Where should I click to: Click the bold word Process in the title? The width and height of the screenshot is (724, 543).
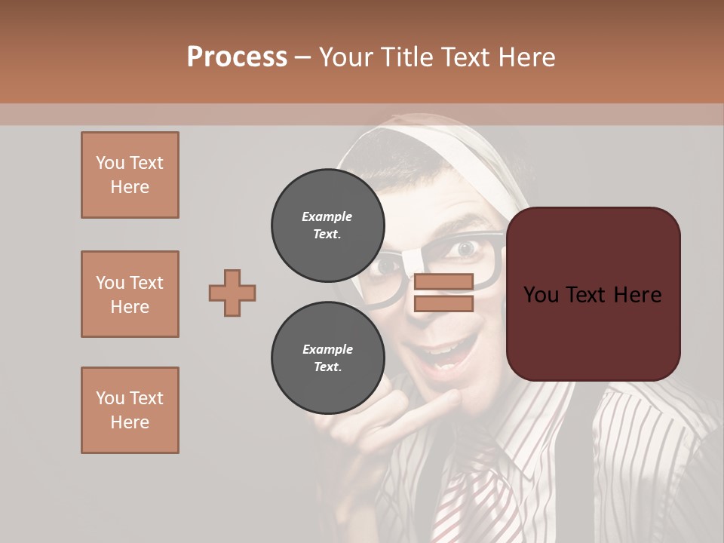[237, 57]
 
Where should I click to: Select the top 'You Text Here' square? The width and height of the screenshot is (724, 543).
[130, 175]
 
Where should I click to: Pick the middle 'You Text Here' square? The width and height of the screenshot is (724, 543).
[130, 294]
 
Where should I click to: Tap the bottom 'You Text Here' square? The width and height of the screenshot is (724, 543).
[130, 410]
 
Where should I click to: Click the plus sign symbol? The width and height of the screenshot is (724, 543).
[232, 293]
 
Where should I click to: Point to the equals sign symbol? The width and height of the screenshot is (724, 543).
[443, 293]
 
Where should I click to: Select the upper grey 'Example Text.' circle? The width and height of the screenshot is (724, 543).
[327, 225]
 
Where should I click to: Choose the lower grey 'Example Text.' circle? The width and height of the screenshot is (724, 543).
[327, 357]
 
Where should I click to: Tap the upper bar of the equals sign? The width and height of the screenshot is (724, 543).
[443, 282]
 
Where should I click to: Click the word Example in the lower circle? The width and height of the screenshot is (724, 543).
[327, 349]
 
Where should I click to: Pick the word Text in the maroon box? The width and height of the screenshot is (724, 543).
[593, 295]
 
